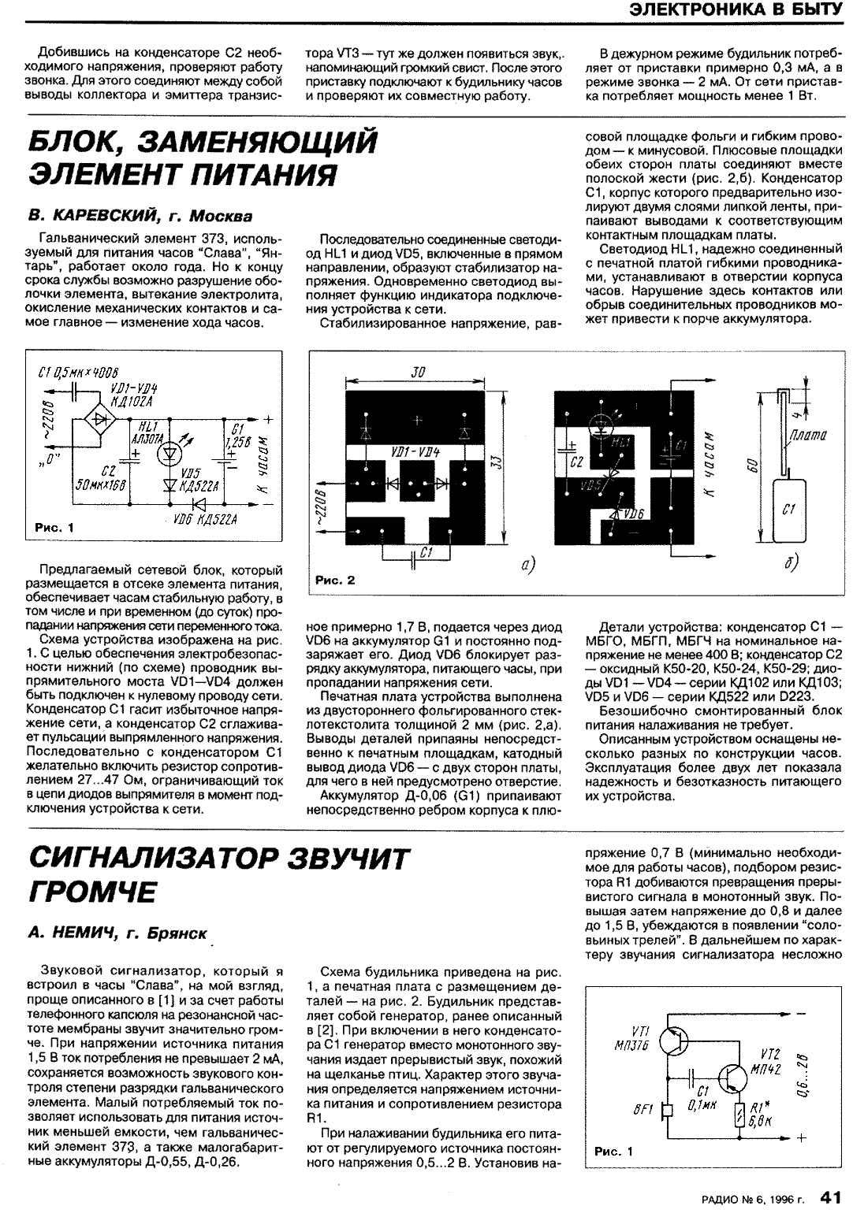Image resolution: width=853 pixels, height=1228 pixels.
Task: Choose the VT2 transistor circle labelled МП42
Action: pos(731,1077)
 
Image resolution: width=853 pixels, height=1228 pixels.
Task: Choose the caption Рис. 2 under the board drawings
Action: pos(335,580)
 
